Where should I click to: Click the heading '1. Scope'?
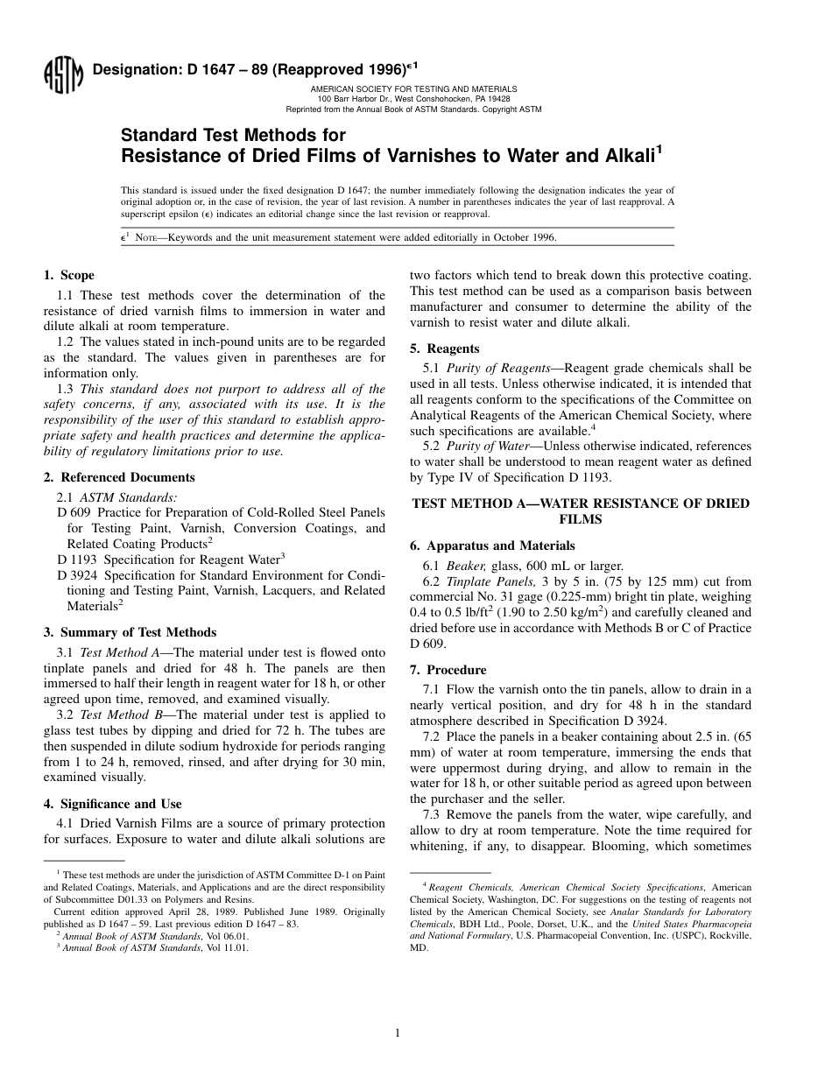[69, 275]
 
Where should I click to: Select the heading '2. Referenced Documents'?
[119, 477]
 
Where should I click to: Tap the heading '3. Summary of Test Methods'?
[130, 632]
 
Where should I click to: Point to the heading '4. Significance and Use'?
[113, 804]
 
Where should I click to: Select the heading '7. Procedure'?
[448, 670]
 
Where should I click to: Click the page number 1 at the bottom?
[398, 1033]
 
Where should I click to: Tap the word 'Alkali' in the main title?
[624, 157]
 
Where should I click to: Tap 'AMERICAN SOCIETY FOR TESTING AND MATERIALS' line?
[413, 89]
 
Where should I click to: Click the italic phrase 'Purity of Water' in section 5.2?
[487, 447]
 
